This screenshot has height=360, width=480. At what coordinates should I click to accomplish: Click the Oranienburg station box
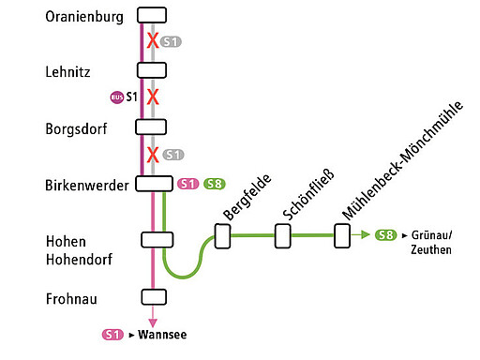151,14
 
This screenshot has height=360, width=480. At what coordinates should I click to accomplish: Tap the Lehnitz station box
151,70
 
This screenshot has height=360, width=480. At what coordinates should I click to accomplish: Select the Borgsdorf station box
151,127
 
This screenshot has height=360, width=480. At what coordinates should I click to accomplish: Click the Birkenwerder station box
153,184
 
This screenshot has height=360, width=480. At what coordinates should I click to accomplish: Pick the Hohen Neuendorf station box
157,240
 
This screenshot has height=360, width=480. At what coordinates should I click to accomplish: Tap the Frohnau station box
153,297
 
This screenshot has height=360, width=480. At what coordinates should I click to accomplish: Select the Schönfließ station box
282,236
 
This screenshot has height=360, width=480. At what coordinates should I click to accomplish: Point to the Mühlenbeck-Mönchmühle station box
342,236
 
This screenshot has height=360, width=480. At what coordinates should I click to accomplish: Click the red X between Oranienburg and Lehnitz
152,41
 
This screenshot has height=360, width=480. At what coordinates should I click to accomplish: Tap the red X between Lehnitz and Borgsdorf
152,97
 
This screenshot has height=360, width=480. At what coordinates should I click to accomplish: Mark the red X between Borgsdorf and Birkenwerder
152,154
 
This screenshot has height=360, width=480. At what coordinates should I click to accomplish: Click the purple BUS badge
116,97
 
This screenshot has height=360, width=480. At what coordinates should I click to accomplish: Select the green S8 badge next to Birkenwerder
214,184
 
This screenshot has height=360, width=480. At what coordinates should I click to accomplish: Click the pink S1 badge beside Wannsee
112,334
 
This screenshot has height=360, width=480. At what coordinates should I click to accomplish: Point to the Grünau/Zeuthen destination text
432,243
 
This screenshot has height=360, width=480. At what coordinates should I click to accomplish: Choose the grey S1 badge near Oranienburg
172,41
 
